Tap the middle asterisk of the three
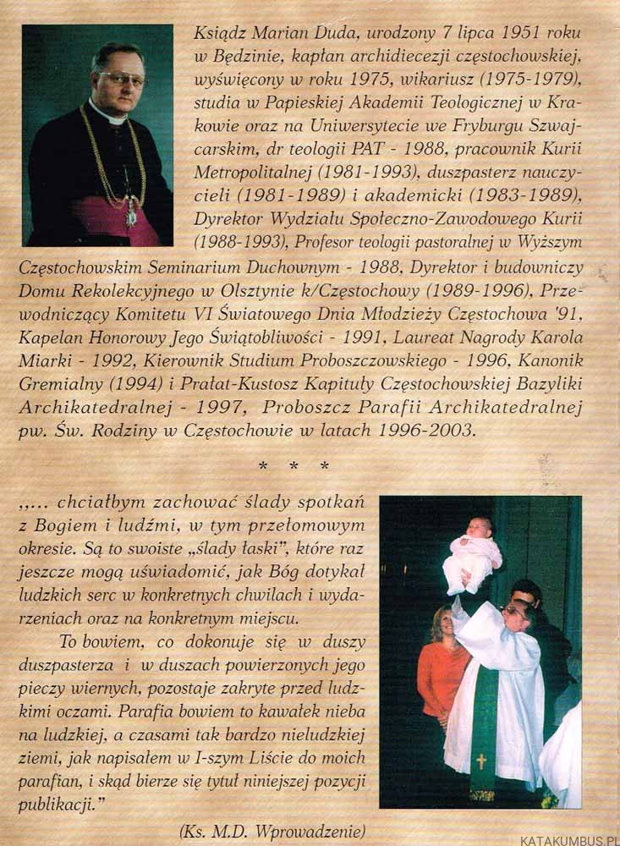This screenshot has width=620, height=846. (x=295, y=465)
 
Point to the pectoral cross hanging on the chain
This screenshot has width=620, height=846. (x=131, y=217)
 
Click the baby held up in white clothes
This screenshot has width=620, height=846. (x=472, y=554)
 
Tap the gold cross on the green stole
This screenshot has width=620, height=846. (x=481, y=761)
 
